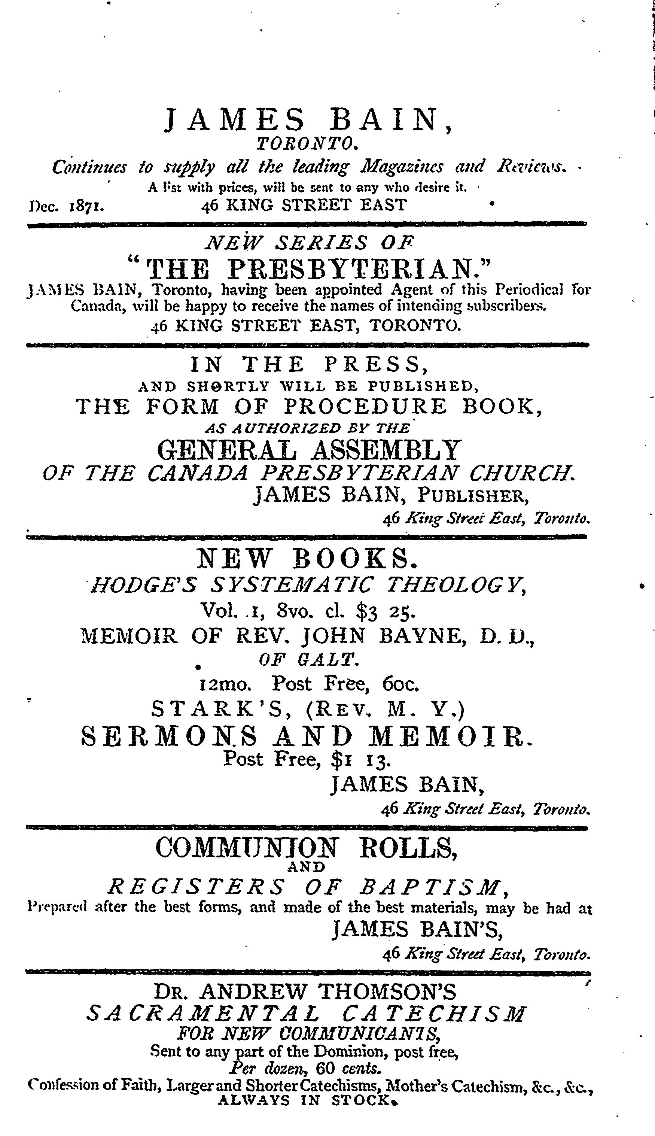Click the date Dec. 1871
[67, 206]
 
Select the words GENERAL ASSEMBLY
[310, 449]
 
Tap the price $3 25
[385, 611]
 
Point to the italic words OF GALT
[309, 660]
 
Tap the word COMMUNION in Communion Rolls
[246, 847]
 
